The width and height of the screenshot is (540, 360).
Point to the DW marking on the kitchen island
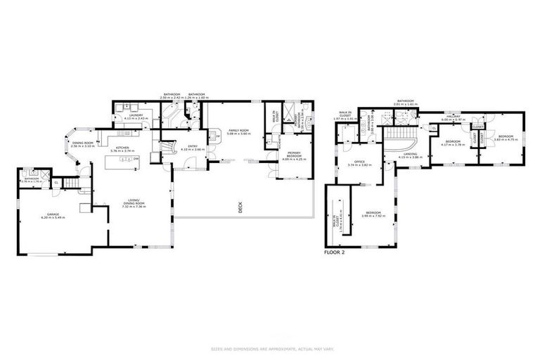coord(135,160)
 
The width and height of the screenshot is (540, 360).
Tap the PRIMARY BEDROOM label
coord(294,155)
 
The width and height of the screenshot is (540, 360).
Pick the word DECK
coord(239,207)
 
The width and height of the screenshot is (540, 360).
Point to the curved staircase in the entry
coord(167,147)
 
